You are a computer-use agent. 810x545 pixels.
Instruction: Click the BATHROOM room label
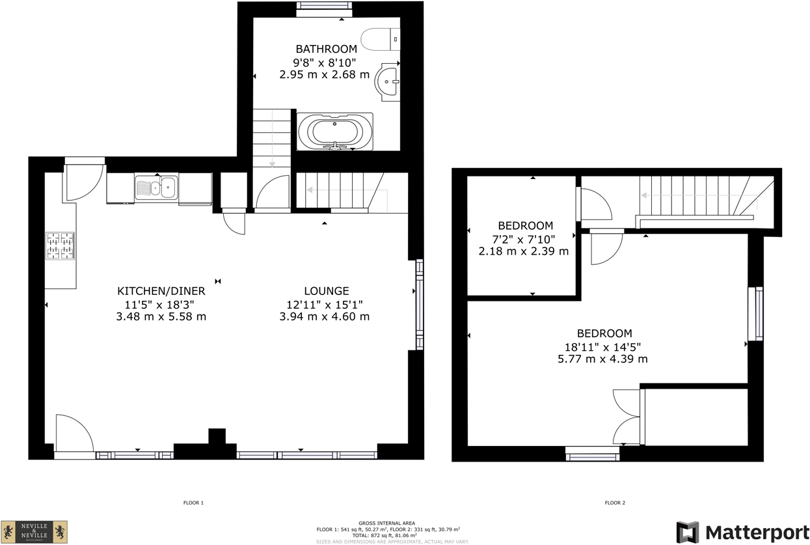pos(326,49)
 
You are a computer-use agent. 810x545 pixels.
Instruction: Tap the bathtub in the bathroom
pos(335,132)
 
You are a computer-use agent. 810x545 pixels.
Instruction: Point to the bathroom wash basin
pos(390,82)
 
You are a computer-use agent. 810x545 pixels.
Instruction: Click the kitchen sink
pos(156,188)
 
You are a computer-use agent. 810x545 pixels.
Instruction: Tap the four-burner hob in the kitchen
pos(60,246)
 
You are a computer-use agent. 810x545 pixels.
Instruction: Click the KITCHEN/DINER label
pos(161,291)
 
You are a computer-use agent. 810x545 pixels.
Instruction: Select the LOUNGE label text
pos(327,291)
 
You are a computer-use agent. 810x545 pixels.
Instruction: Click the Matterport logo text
pos(757,532)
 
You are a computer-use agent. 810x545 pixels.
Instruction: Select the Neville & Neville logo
pos(34,531)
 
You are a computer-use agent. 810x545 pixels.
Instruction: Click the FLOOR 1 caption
pos(193,503)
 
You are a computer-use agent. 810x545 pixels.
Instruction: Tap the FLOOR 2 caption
pos(614,503)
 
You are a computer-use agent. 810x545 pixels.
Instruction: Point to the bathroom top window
pos(324,9)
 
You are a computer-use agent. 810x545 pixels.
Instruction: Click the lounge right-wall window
pos(420,305)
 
